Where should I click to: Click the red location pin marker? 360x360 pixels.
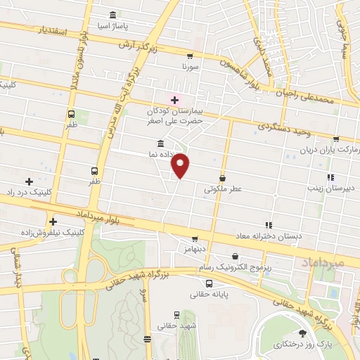[181, 165]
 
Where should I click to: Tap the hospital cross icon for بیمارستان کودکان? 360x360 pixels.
[174, 101]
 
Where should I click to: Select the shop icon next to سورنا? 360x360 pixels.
[189, 56]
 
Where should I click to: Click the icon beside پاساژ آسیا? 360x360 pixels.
[113, 16]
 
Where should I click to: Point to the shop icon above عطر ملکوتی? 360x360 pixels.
[223, 179]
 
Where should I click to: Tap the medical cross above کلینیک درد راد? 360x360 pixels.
[28, 181]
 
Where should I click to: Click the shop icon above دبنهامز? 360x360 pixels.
[195, 239]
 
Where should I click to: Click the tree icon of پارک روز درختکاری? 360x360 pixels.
[303, 333]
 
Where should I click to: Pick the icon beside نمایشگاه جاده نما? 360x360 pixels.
[161, 143]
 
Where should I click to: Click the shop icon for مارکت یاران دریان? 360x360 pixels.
[336, 139]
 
